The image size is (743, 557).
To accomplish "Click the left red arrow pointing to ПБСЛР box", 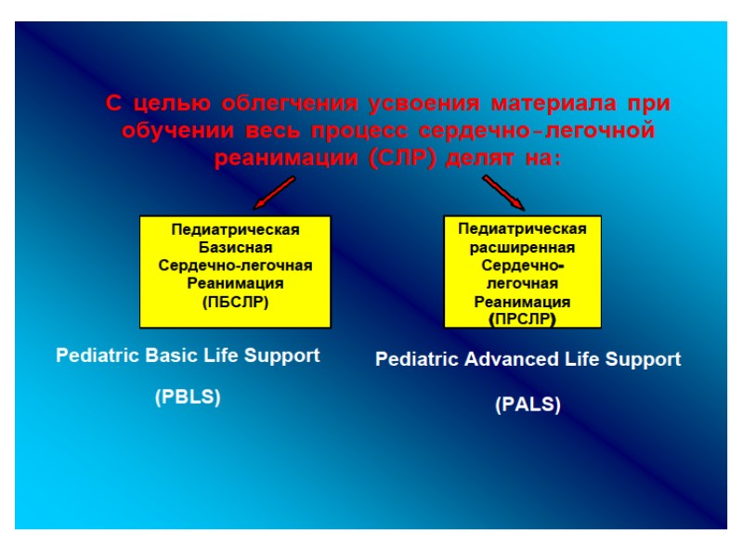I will tap(274, 193).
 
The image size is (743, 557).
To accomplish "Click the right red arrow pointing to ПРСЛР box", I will tap(503, 193).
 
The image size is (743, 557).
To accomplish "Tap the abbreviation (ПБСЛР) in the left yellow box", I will tap(235, 301).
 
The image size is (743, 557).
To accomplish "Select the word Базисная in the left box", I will tap(235, 247).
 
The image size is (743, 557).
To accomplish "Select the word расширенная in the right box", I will tap(522, 248).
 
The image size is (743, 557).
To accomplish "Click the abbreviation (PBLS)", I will tap(188, 397).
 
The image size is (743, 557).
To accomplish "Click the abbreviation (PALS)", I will tap(528, 405).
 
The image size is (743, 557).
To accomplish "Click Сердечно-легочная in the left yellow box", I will tap(235, 266).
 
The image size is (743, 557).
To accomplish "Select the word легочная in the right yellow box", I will tap(522, 284).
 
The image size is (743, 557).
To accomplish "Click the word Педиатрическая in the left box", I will tap(235, 229).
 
